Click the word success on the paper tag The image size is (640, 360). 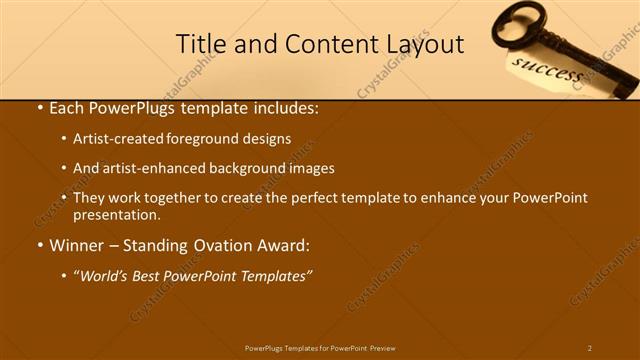tap(546, 73)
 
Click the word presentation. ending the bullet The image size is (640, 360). tap(116, 214)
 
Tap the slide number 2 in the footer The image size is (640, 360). tap(589, 348)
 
